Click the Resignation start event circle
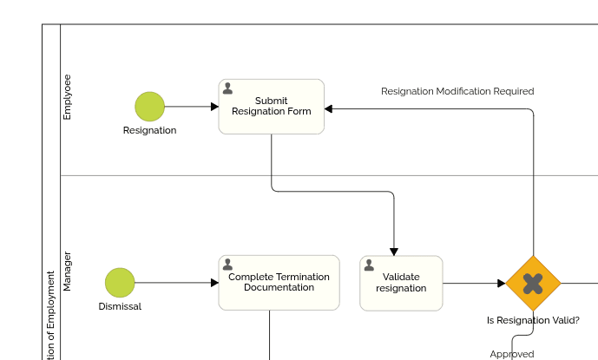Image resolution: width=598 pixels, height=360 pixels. point(149,107)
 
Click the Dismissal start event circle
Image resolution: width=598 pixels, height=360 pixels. point(120,283)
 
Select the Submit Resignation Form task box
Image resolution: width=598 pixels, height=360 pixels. point(271,107)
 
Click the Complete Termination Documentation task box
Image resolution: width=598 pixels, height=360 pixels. point(279,283)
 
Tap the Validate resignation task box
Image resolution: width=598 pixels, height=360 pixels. point(401,283)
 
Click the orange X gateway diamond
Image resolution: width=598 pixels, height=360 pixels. point(533,283)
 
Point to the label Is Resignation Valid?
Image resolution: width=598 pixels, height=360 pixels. point(533,320)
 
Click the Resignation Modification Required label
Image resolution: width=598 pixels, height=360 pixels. point(457,91)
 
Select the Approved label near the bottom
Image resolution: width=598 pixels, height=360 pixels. point(512,354)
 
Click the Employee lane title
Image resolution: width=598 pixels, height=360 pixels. point(68,96)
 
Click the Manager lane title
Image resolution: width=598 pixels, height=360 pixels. point(68,272)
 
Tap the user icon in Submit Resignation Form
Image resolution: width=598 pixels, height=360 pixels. point(227,88)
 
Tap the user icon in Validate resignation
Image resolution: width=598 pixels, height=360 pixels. point(369,265)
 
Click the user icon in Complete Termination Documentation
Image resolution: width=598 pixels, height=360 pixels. point(227,265)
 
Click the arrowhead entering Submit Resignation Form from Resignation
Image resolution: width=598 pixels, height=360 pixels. point(214,107)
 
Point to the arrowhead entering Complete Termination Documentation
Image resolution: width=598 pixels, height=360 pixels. point(214,283)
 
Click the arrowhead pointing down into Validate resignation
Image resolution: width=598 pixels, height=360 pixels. point(394,252)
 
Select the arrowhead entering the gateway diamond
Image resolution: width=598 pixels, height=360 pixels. point(501,283)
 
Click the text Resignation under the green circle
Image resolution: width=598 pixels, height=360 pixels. point(149,130)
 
